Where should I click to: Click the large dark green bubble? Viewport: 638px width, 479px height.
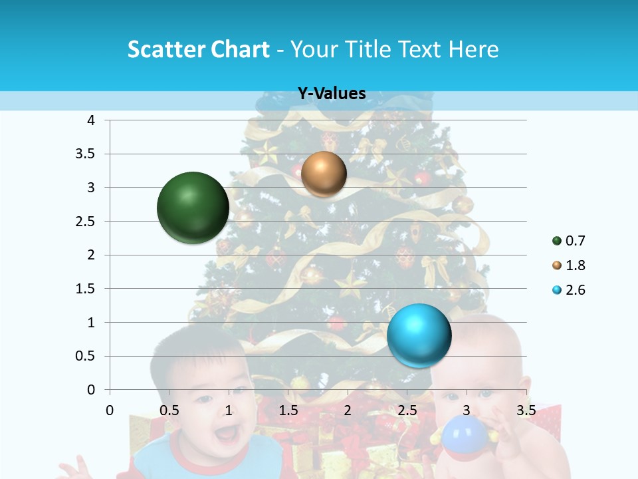tap(193, 208)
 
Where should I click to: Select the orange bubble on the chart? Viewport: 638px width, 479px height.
tap(324, 174)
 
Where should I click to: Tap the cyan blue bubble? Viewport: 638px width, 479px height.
tap(419, 335)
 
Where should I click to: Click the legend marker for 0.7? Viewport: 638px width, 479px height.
tap(557, 241)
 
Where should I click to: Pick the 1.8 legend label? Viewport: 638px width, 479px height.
tap(576, 265)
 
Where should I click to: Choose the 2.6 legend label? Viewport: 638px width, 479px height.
tap(576, 290)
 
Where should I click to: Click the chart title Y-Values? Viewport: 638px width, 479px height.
tap(332, 94)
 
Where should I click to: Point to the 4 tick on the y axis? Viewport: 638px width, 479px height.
tap(91, 120)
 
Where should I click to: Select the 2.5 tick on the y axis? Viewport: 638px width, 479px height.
tap(86, 222)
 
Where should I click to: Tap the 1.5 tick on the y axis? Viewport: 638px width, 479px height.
tap(86, 289)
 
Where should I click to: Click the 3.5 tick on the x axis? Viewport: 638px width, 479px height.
tap(526, 410)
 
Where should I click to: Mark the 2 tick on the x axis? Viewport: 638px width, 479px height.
tap(348, 410)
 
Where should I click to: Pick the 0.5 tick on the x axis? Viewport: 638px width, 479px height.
tap(169, 410)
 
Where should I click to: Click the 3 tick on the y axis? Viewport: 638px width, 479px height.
tap(91, 188)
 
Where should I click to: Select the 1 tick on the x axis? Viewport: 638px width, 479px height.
tap(229, 410)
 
